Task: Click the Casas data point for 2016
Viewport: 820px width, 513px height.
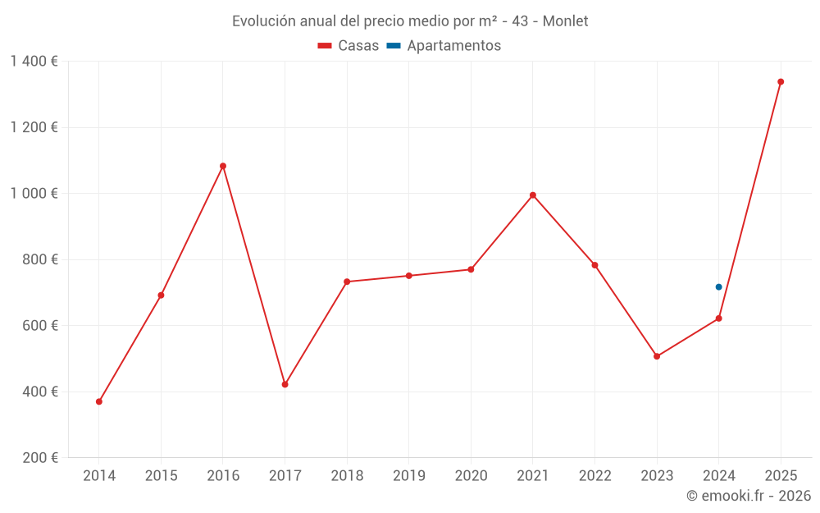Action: coord(223,166)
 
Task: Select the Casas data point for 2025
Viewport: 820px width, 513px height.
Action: coord(781,82)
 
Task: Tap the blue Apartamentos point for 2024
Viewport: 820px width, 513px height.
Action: coord(718,287)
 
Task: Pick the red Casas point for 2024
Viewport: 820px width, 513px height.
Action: coord(718,318)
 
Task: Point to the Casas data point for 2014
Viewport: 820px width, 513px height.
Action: coord(99,401)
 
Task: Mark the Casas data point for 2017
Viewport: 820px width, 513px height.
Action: coord(285,384)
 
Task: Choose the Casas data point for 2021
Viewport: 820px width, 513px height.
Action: coord(533,195)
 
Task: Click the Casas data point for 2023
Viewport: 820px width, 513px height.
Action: coord(657,356)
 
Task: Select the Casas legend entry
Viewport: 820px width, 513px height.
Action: coord(348,46)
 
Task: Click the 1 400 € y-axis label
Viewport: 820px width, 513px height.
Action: coord(34,62)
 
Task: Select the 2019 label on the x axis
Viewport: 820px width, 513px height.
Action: coord(408,476)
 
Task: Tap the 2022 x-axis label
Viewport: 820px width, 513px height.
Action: coord(594,476)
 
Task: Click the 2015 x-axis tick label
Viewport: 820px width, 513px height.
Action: coord(161,476)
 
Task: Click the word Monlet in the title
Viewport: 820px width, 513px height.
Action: coord(564,21)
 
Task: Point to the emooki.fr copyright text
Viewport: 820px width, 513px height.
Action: coord(749,496)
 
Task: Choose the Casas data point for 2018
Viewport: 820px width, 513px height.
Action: coord(347,282)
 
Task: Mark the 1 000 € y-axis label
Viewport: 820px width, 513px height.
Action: coord(34,194)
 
